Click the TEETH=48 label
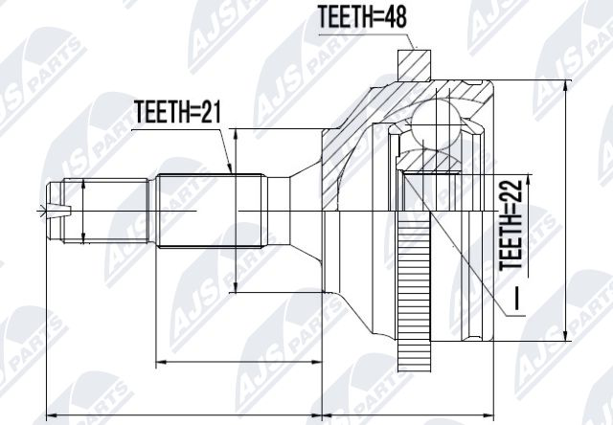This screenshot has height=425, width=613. tap(362, 17)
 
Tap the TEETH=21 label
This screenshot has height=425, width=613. tap(178, 111)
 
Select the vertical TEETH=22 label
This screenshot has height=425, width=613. tap(511, 225)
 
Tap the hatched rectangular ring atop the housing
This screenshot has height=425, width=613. tap(415, 65)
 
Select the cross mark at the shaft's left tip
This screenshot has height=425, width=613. tap(41, 212)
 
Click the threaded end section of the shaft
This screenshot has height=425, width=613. tap(105, 211)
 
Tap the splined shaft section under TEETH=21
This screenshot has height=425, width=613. tap(209, 211)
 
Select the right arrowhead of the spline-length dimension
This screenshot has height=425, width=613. tap(316, 362)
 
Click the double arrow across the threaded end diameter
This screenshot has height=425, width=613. tap(83, 211)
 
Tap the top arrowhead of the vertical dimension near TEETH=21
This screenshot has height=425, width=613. tap(235, 134)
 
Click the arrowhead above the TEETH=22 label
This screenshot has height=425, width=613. tap(528, 179)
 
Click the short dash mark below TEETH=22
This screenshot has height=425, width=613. tap(517, 299)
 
